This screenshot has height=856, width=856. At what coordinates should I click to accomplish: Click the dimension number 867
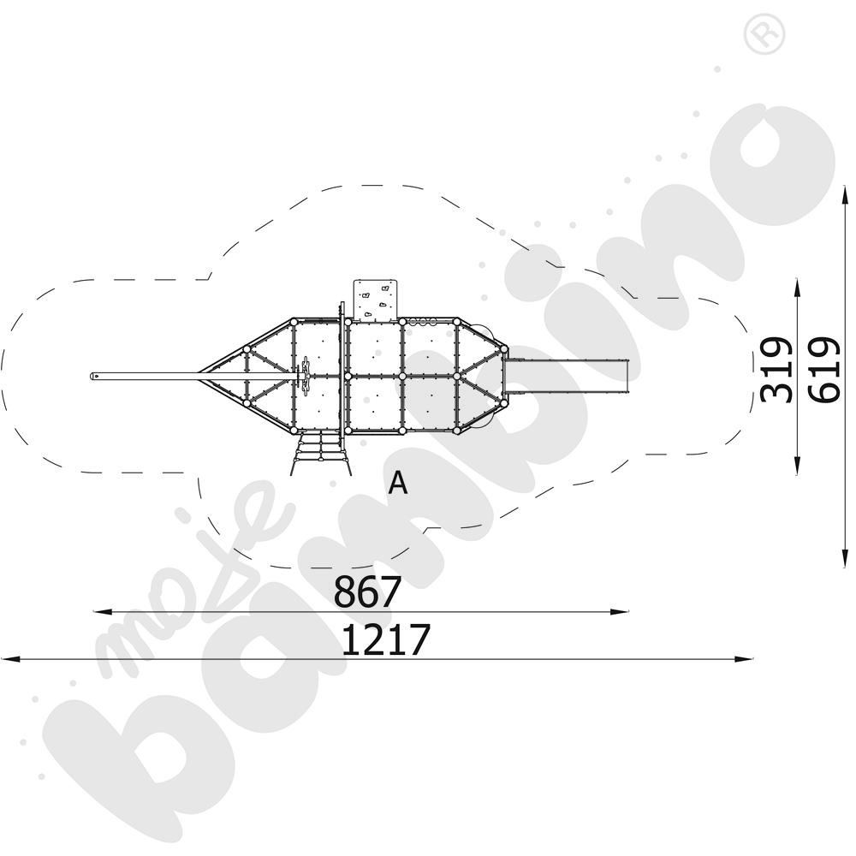[x=367, y=591]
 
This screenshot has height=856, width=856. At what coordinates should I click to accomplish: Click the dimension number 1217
[x=386, y=639]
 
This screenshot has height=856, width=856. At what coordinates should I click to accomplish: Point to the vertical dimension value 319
[x=776, y=370]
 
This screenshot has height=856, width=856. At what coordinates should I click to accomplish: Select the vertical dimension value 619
[x=823, y=370]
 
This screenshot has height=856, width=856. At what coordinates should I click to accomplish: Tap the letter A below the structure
[x=398, y=483]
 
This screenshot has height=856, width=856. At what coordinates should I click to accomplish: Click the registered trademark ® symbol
[x=764, y=33]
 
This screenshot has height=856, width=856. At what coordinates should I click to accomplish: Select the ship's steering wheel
[x=306, y=376]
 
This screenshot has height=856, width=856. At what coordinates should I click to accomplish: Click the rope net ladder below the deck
[x=320, y=453]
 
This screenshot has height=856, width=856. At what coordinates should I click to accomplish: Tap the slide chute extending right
[x=568, y=377]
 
